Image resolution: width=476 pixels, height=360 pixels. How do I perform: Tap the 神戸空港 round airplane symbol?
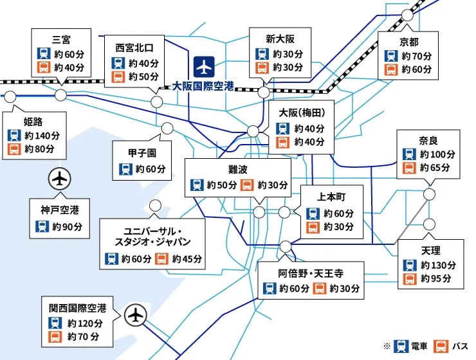click(x=59, y=179)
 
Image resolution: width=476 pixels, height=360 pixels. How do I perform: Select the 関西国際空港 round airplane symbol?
click(x=136, y=315)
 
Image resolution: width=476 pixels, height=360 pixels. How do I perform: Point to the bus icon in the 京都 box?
click(x=390, y=69)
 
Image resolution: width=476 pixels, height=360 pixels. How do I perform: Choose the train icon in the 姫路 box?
click(x=14, y=136)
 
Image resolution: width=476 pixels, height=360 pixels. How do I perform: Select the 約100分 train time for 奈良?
click(x=437, y=154)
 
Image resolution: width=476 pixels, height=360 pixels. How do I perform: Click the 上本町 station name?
click(x=332, y=197)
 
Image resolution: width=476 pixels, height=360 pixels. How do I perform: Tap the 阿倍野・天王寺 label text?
click(x=311, y=272)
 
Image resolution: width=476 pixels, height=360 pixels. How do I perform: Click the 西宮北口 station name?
click(x=135, y=47)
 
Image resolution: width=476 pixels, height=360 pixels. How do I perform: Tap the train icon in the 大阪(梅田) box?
click(x=281, y=128)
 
